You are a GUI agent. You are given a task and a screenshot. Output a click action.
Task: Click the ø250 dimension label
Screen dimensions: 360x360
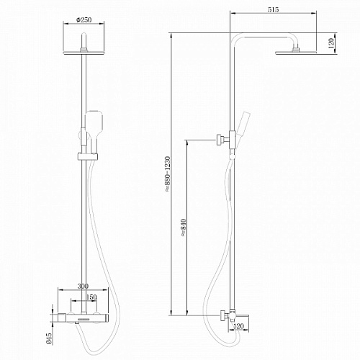pyautogui.click(x=84, y=19)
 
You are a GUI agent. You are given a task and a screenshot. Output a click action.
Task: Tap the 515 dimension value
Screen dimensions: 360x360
pyautogui.click(x=273, y=9)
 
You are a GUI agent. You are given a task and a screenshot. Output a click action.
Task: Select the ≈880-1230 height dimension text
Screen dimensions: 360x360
pyautogui.click(x=168, y=174)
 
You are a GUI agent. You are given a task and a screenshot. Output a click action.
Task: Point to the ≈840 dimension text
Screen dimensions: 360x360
pyautogui.click(x=184, y=228)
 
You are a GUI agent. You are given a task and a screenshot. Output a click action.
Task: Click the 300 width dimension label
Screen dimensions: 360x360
pyautogui.click(x=83, y=286)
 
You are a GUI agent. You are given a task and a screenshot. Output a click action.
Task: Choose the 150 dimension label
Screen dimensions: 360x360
pyautogui.click(x=91, y=297)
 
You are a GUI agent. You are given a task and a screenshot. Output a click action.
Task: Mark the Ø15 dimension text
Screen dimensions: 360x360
pyautogui.click(x=49, y=338)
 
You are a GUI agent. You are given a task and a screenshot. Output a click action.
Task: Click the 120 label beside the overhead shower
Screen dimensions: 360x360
pyautogui.click(x=331, y=43)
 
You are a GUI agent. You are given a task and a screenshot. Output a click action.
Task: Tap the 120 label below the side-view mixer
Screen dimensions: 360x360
pyautogui.click(x=238, y=326)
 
